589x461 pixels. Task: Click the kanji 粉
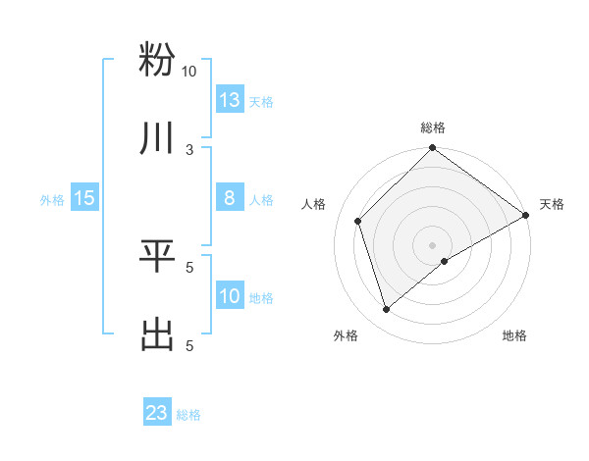[x=157, y=60]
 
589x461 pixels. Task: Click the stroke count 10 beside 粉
[x=188, y=72]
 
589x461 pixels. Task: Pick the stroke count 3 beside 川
[x=189, y=150]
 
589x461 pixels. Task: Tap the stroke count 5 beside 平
[x=189, y=267]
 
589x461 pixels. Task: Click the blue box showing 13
[x=230, y=100]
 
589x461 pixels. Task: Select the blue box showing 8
[x=230, y=198]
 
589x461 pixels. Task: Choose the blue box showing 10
[x=230, y=296]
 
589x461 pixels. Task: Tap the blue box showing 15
[x=84, y=198]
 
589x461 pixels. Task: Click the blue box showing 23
[x=157, y=413]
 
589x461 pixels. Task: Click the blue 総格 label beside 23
[x=188, y=415]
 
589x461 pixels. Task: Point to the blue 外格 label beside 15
[x=52, y=200]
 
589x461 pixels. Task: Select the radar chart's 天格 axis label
[x=552, y=204]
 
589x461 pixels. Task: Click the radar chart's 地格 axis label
[x=514, y=335]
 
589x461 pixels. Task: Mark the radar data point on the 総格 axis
[x=432, y=149]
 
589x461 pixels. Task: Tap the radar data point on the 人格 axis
[x=359, y=221]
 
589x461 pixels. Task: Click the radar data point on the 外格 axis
[x=387, y=310]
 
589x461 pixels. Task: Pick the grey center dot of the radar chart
[x=432, y=244]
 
